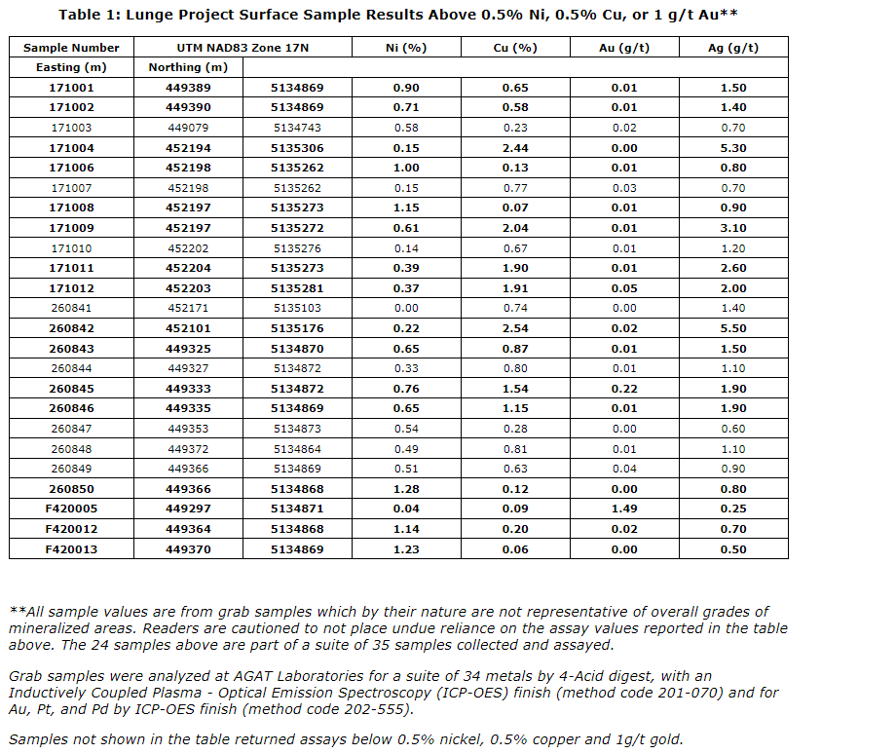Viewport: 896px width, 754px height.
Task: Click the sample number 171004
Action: click(71, 148)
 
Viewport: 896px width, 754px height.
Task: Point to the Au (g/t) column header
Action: click(623, 48)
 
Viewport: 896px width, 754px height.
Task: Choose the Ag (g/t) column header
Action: click(733, 48)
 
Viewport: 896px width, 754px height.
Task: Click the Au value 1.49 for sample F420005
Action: click(623, 509)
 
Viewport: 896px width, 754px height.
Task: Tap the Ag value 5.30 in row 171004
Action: click(733, 148)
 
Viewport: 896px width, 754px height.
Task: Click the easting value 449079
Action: click(188, 128)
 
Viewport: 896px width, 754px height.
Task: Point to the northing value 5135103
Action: click(297, 308)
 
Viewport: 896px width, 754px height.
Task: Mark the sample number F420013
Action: click(71, 549)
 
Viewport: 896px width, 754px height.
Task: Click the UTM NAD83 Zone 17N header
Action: click(243, 48)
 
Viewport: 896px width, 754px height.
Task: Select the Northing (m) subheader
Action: click(188, 67)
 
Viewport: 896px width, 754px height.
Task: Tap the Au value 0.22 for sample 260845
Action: click(623, 389)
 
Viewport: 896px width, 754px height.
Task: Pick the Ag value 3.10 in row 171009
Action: click(733, 228)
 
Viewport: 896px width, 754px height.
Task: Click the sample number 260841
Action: click(71, 308)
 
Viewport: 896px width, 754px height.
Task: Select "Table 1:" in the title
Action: click(91, 15)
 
